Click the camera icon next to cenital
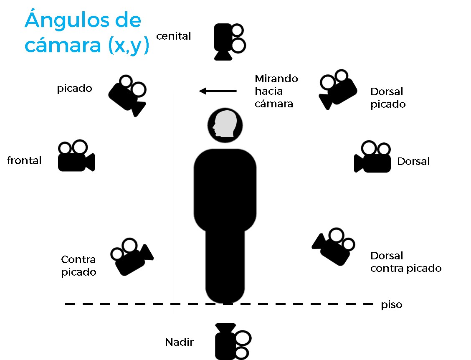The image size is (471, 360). pos(228,42)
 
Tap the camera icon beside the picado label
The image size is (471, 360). pos(128,95)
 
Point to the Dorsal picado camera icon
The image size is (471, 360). pos(338,89)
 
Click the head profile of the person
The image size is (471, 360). pos(225,125)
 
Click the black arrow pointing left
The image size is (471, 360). pos(218,91)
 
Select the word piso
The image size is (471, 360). pos(391,305)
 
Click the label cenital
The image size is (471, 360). pos(173,36)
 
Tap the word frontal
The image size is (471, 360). pos(24,160)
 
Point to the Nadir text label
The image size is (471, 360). pos(180,343)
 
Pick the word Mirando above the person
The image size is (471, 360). pos(276,79)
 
